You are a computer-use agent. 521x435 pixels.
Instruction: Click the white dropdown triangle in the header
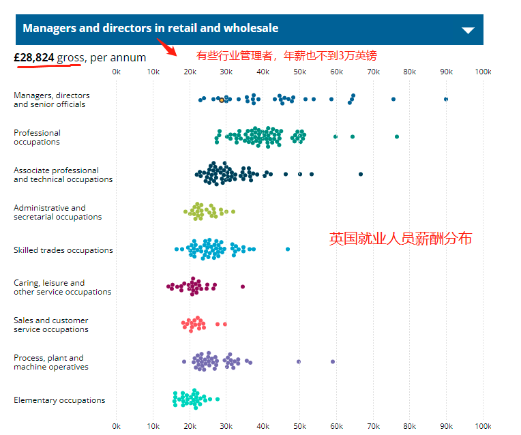pyautogui.click(x=468, y=30)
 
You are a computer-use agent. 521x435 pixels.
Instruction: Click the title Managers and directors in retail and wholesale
pyautogui.click(x=150, y=29)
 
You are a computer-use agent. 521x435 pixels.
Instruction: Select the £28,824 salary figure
pyautogui.click(x=34, y=58)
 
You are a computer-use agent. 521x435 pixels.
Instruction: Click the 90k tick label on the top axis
pyautogui.click(x=446, y=72)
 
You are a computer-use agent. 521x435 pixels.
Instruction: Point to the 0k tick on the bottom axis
pyautogui.click(x=116, y=426)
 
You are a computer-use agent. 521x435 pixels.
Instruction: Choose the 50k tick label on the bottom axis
pyautogui.click(x=299, y=426)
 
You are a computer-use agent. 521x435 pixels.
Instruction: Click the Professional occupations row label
pyautogui.click(x=37, y=137)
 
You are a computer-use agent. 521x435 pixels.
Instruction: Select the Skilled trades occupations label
pyautogui.click(x=63, y=250)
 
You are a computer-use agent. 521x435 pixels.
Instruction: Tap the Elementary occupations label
pyautogui.click(x=59, y=400)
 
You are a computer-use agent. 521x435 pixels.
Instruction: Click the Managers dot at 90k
pyautogui.click(x=446, y=100)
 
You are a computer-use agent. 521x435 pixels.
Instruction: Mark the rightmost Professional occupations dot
pyautogui.click(x=397, y=137)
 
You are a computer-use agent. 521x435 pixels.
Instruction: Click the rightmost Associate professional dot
pyautogui.click(x=361, y=175)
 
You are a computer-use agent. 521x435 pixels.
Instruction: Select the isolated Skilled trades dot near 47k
pyautogui.click(x=288, y=250)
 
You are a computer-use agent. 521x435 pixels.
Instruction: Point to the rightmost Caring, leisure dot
pyautogui.click(x=242, y=287)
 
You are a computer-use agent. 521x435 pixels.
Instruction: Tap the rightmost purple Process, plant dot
pyautogui.click(x=333, y=361)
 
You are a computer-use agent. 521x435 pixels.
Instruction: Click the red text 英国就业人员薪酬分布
pyautogui.click(x=400, y=239)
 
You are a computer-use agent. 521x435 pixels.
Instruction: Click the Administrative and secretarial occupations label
pyautogui.click(x=57, y=212)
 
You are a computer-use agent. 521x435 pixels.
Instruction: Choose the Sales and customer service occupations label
pyautogui.click(x=51, y=325)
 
